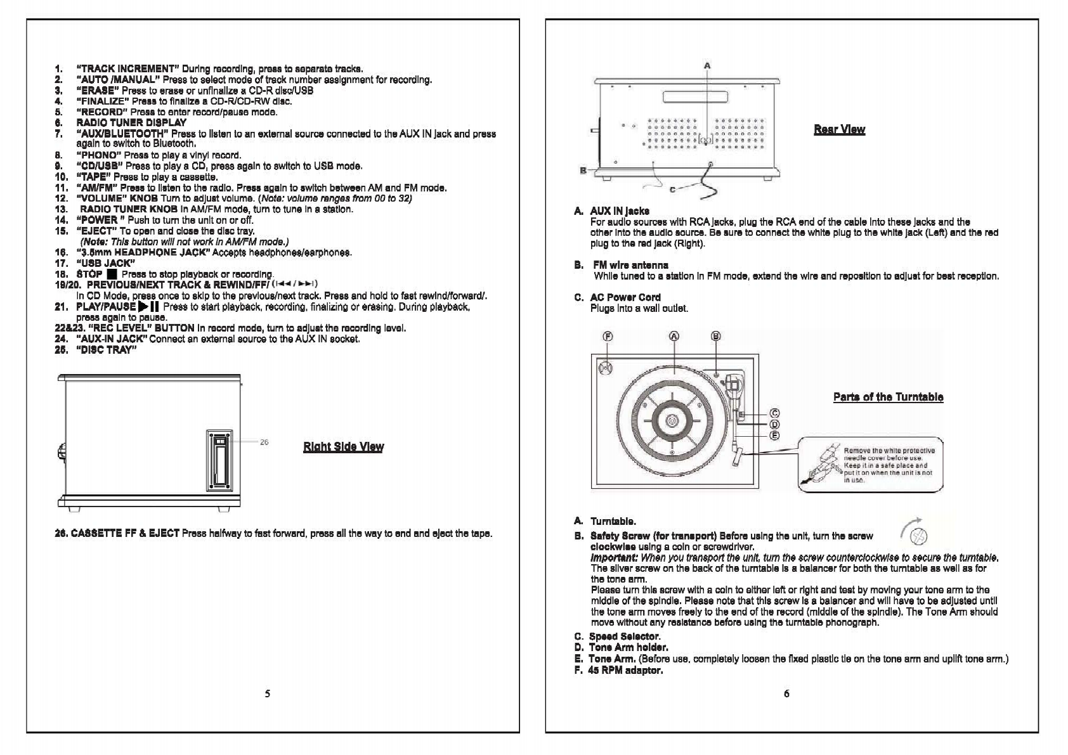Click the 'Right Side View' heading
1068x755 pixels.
[343, 447]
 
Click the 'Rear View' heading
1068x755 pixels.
[839, 129]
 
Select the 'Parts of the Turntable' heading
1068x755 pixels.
[888, 397]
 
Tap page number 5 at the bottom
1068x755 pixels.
[267, 694]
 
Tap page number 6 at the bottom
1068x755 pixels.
[786, 694]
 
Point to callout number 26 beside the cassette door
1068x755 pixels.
[264, 442]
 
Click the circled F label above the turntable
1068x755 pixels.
[608, 337]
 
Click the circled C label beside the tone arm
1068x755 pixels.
[774, 414]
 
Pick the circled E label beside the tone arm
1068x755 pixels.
[774, 436]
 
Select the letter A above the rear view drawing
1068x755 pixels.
[707, 65]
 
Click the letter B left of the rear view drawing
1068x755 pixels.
[582, 170]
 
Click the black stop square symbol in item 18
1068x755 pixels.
[112, 274]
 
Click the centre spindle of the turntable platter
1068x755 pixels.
[672, 420]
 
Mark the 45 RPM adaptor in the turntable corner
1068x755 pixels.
[606, 367]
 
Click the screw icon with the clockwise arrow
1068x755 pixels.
[916, 536]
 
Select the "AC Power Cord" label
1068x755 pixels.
[625, 297]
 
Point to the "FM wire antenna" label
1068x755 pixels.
[630, 265]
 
